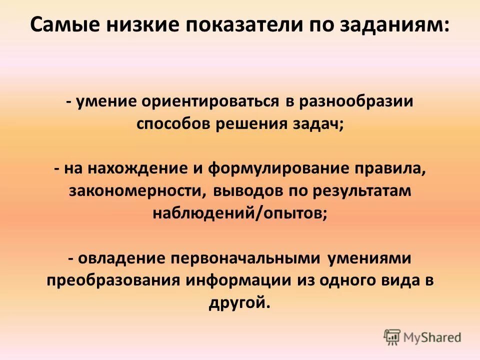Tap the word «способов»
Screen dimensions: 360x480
(172, 123)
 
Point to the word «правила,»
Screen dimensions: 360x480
(391, 168)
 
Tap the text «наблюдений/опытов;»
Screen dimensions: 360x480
(240, 213)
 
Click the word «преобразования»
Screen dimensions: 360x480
(113, 280)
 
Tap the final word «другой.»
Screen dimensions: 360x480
(240, 302)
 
